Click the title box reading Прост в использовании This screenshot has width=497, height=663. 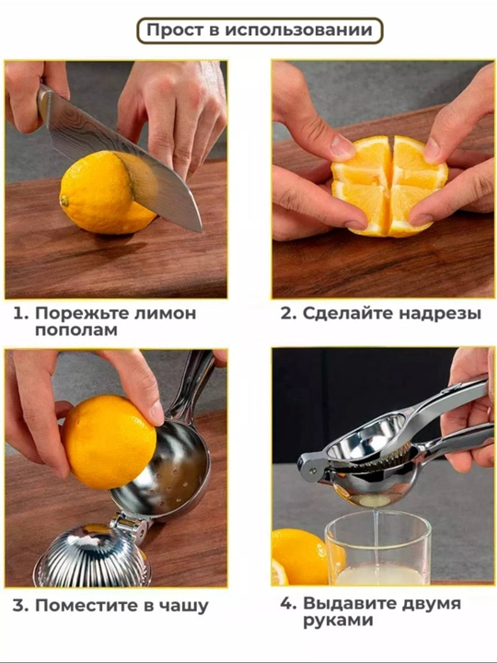coord(260,30)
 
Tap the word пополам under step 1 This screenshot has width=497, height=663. coord(76,331)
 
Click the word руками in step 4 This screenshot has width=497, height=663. coord(338,621)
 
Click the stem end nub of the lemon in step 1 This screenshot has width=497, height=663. coord(64,201)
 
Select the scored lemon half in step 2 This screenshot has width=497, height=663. coord(389,186)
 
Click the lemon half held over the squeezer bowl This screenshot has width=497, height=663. coord(109,442)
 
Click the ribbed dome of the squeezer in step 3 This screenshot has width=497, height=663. coord(92,556)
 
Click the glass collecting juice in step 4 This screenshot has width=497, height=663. coord(378,548)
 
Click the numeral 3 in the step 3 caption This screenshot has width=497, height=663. coord(19,606)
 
